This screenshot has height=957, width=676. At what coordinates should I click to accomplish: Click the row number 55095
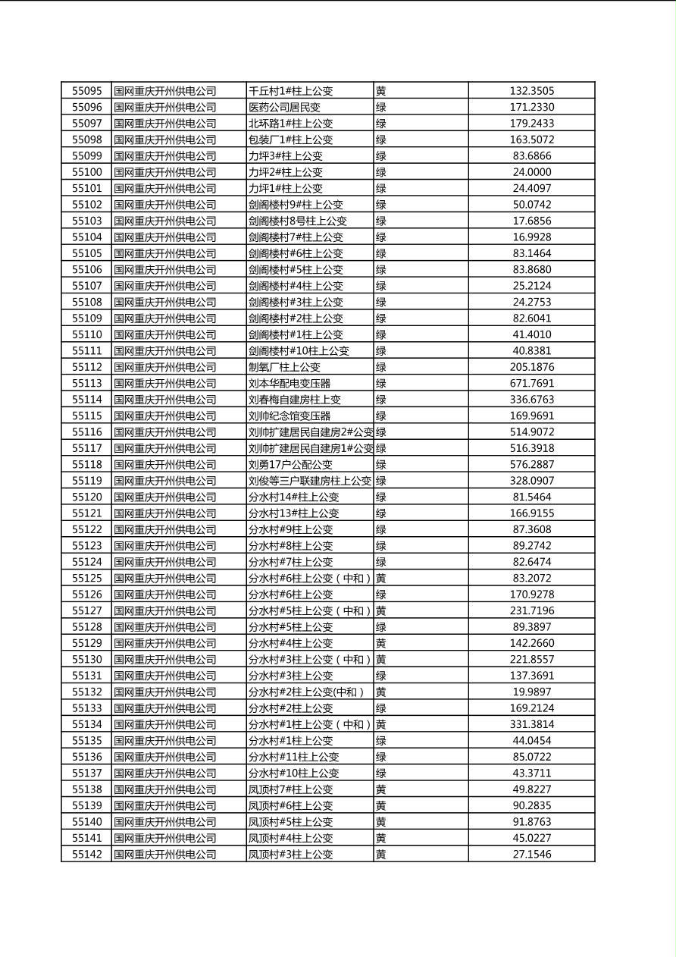[x=86, y=91]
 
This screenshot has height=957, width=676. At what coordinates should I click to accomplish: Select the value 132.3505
[x=531, y=91]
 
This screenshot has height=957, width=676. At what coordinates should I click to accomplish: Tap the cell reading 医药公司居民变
[x=284, y=108]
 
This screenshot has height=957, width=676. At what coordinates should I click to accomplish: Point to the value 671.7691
[x=531, y=384]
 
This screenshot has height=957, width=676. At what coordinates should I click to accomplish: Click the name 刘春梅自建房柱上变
[x=294, y=400]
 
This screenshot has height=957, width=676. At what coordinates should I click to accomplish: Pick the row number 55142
[x=86, y=855]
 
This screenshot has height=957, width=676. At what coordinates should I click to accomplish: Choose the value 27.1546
[x=531, y=855]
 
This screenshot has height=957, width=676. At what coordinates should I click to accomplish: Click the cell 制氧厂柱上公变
[x=284, y=367]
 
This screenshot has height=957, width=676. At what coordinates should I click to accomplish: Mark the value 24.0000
[x=531, y=172]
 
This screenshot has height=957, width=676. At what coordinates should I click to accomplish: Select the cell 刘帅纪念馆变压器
[x=289, y=416]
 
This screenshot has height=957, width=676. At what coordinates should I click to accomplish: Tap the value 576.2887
[x=531, y=465]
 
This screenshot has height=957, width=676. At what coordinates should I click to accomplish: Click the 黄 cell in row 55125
[x=381, y=579]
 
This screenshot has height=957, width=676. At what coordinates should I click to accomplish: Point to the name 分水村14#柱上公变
[x=293, y=497]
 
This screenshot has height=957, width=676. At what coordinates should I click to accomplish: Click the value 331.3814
[x=531, y=725]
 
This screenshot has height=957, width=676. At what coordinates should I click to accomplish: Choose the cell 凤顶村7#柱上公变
[x=290, y=789]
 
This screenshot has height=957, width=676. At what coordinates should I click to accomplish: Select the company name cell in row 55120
[x=165, y=497]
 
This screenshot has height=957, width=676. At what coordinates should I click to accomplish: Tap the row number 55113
[x=86, y=384]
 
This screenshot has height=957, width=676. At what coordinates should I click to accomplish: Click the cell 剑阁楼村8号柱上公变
[x=297, y=221]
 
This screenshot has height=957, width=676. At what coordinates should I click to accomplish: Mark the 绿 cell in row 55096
[x=381, y=108]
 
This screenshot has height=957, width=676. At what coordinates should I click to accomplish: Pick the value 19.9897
[x=531, y=692]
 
